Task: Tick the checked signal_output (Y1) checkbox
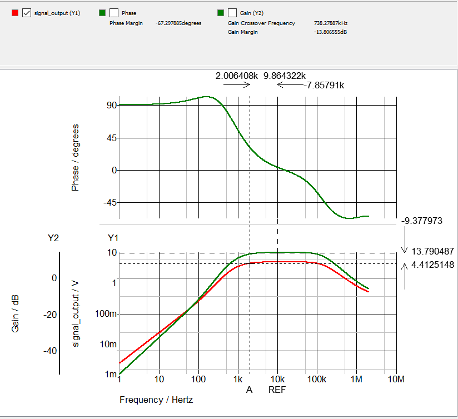(26, 13)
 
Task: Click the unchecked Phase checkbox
(114, 13)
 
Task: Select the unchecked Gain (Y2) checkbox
(232, 13)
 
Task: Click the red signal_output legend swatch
(15, 13)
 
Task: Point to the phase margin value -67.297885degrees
(179, 23)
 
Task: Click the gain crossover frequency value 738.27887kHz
(331, 23)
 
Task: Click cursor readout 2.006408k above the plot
(237, 76)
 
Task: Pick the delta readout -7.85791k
(325, 86)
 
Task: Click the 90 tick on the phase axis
(112, 106)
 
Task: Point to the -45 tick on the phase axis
(109, 203)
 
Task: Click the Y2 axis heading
(53, 238)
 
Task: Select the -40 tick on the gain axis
(51, 351)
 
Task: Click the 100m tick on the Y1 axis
(107, 315)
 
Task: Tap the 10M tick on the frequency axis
(395, 380)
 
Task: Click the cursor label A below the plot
(250, 390)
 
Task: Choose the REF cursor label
(277, 390)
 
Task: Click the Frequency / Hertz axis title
(156, 400)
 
